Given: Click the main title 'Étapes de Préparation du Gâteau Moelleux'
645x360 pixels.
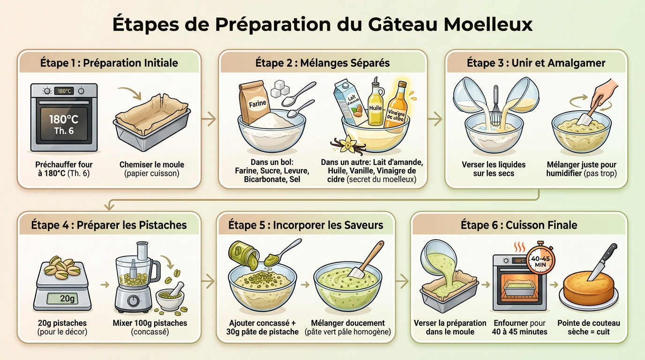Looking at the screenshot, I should (322, 24).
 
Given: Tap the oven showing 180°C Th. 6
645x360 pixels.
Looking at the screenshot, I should (64, 118).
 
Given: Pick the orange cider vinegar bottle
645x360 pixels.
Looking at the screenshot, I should (397, 107).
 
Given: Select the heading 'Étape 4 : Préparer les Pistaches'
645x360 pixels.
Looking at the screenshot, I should (109, 225).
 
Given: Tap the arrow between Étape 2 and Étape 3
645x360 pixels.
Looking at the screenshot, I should (435, 120).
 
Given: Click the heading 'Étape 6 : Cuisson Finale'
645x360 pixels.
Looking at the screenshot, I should (518, 225).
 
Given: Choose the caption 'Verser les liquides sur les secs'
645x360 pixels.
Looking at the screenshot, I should (494, 169).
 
